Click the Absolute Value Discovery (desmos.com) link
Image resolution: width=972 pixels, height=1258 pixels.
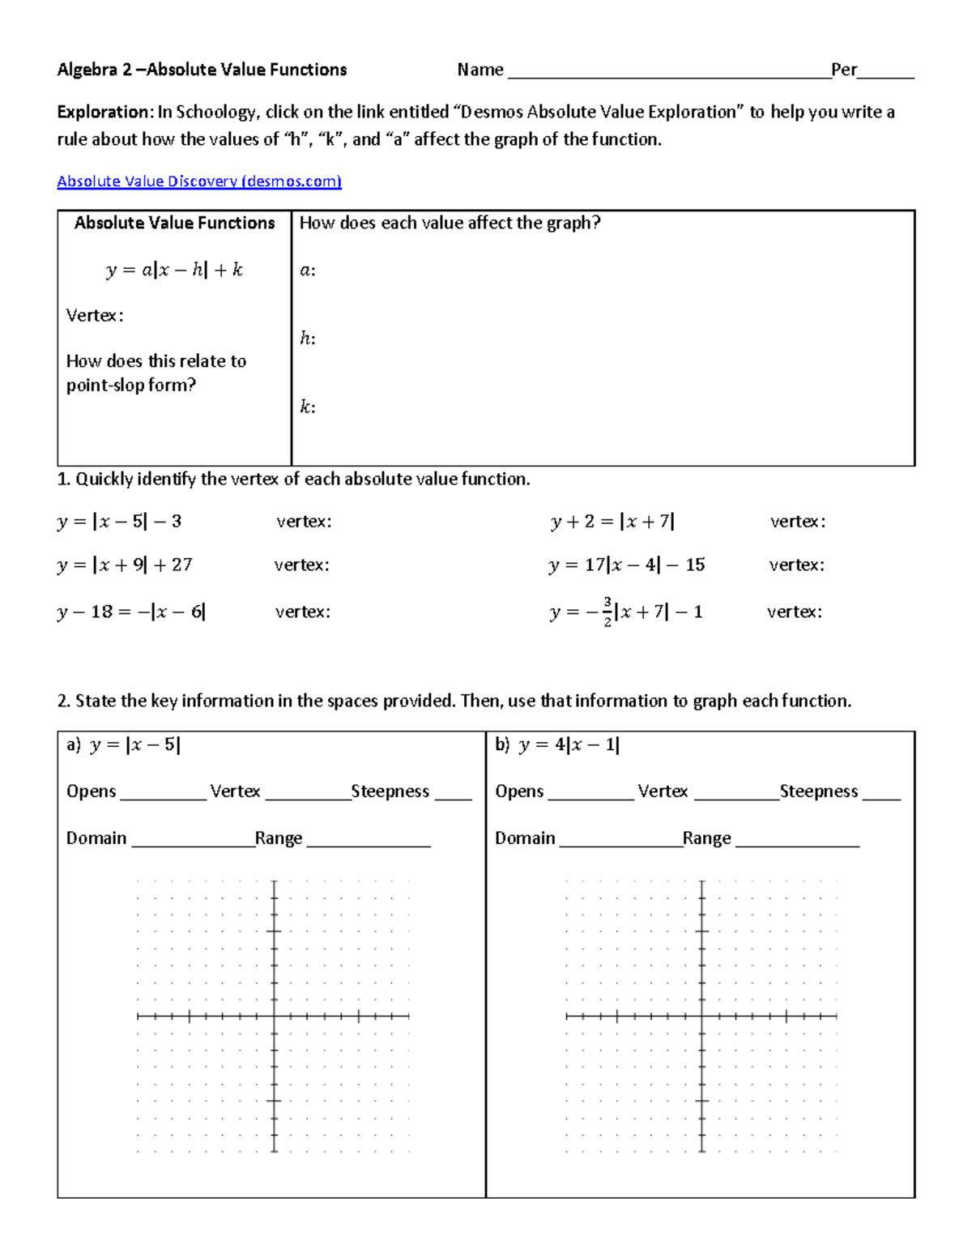pos(199,181)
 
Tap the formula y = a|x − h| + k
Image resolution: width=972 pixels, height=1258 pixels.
pos(174,270)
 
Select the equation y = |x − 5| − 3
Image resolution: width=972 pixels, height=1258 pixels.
pos(119,522)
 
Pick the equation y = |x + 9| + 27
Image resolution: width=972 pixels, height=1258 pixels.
pos(125,565)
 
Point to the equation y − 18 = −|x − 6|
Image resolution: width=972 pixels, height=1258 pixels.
pos(131,612)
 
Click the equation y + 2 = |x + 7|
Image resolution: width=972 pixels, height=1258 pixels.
pos(612,522)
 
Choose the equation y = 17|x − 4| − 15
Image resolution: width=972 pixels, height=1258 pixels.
pos(626,565)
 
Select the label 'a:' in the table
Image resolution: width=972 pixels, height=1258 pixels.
pos(308,271)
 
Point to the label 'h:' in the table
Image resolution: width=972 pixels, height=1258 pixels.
pos(308,339)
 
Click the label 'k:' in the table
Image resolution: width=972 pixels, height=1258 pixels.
pos(308,407)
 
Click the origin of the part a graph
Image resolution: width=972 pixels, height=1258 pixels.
pos(275,1016)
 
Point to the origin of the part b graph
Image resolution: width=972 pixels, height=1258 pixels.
pos(701,1016)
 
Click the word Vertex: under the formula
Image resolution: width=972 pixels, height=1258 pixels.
pos(95,316)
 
